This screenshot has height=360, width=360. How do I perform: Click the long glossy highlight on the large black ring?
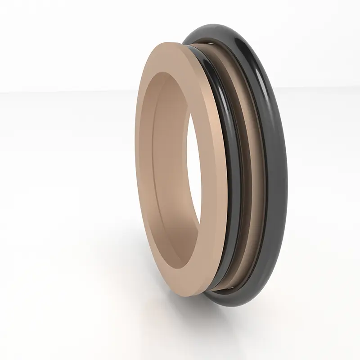pyautogui.click(x=270, y=112)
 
